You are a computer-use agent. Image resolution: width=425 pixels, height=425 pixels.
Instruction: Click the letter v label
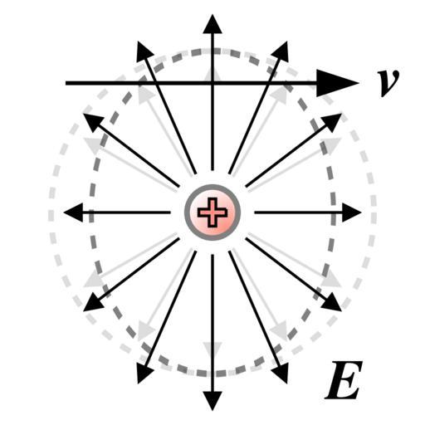pos(388,82)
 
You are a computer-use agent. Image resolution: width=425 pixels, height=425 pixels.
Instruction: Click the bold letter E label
pos(344,379)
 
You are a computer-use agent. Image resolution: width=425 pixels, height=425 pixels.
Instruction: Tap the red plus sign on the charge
pos(212,212)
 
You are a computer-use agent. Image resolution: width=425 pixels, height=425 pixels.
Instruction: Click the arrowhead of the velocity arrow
pos(338,83)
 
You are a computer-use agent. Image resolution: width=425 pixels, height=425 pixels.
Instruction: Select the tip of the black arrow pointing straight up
pos(212,15)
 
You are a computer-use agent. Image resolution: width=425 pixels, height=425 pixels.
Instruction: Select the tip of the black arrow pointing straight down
pos(212,411)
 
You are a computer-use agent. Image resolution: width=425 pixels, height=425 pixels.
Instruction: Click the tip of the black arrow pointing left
pos(64,212)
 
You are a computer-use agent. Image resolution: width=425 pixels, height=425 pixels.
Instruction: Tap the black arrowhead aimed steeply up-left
pos(144,52)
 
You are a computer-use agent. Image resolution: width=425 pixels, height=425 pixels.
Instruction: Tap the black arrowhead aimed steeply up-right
pos(281,52)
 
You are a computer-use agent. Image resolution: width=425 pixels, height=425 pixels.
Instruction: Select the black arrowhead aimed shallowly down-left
pos(94,302)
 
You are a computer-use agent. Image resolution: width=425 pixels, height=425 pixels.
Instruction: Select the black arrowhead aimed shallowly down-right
pos(331,302)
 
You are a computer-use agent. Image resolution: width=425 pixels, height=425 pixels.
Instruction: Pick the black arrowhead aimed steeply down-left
pos(144,373)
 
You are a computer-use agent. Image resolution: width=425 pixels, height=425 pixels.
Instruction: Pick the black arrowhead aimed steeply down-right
pos(281,373)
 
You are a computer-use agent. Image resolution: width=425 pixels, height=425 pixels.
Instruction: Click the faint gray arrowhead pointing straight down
pos(212,350)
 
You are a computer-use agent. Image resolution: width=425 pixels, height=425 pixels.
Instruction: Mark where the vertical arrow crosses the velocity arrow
pos(212,83)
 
